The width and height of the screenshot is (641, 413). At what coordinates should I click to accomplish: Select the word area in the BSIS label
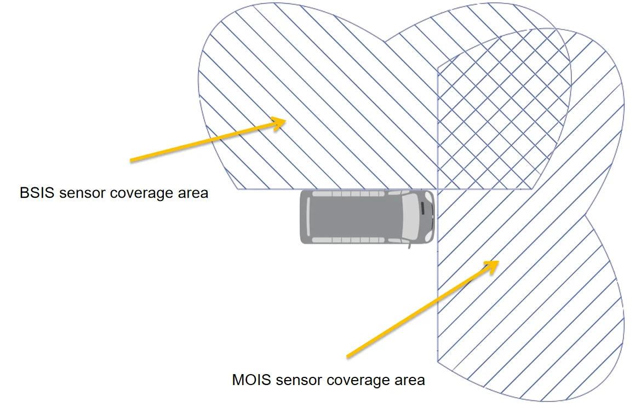click(193, 193)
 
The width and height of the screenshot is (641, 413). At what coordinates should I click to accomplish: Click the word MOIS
click(251, 380)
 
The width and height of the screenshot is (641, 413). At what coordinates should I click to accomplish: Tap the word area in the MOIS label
click(410, 380)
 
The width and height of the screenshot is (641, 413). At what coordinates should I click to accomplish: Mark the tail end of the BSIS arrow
click(131, 160)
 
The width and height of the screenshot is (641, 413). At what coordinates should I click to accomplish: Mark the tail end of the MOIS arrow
click(347, 357)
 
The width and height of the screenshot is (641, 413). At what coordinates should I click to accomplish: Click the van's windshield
click(410, 216)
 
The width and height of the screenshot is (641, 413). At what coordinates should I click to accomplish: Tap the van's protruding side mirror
click(409, 245)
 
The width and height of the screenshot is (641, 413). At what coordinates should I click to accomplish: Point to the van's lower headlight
click(428, 236)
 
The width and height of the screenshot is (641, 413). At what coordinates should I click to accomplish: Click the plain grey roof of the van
click(355, 216)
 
